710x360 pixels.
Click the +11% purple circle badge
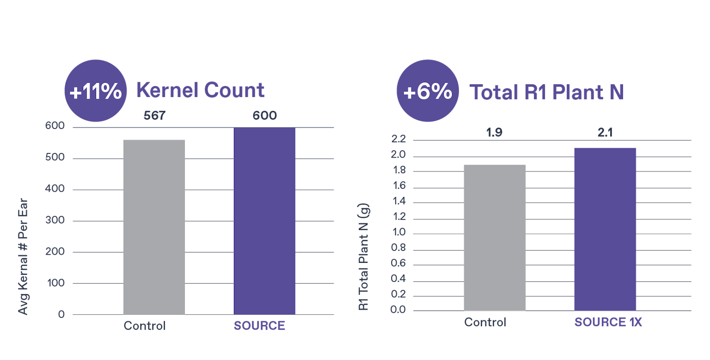95,91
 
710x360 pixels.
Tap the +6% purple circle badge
428,91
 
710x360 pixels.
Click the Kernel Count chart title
200,91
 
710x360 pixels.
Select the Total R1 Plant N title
546,92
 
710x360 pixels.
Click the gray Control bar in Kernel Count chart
154,226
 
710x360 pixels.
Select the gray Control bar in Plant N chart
495,238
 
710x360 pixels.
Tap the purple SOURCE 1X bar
605,229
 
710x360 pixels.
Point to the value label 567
154,116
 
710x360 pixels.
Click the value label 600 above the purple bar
264,116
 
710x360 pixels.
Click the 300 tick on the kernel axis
55,221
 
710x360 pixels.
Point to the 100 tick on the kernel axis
55,283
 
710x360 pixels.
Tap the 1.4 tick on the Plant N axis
399,202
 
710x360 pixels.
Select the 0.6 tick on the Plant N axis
399,265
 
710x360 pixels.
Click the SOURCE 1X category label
608,323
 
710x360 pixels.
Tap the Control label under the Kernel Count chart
144,326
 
